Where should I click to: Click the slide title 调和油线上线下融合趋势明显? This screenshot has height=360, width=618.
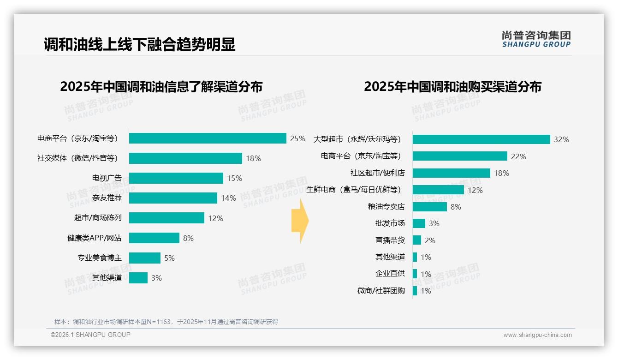pyautogui.click(x=139, y=44)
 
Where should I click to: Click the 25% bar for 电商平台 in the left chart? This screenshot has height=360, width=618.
pyautogui.click(x=208, y=138)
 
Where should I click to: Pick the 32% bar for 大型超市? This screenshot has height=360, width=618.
pyautogui.click(x=481, y=139)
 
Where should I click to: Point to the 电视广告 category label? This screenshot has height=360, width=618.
pyautogui.click(x=107, y=178)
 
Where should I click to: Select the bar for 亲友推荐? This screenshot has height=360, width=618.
pyautogui.click(x=173, y=198)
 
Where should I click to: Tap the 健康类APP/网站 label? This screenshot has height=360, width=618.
pyautogui.click(x=95, y=238)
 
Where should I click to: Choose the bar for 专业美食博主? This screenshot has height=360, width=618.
pyautogui.click(x=145, y=258)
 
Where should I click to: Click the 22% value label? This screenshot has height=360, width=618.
pyautogui.click(x=518, y=156)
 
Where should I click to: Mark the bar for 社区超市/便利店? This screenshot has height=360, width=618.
pyautogui.click(x=451, y=173)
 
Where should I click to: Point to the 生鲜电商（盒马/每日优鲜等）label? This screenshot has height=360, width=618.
pyautogui.click(x=354, y=190)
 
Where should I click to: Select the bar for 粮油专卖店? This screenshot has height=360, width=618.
pyautogui.click(x=429, y=207)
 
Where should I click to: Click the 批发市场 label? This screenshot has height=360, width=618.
pyautogui.click(x=390, y=223)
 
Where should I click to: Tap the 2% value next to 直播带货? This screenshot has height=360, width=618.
pyautogui.click(x=430, y=240)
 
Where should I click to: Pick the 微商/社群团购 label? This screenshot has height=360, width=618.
pyautogui.click(x=381, y=291)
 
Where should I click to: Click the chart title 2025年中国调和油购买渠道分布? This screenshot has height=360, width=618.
pyautogui.click(x=452, y=87)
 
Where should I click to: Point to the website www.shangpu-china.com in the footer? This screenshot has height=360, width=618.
pyautogui.click(x=537, y=335)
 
